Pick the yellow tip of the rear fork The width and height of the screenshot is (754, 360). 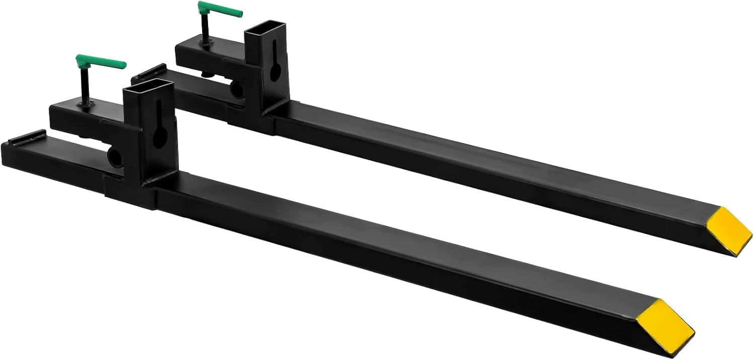click(x=723, y=229)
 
